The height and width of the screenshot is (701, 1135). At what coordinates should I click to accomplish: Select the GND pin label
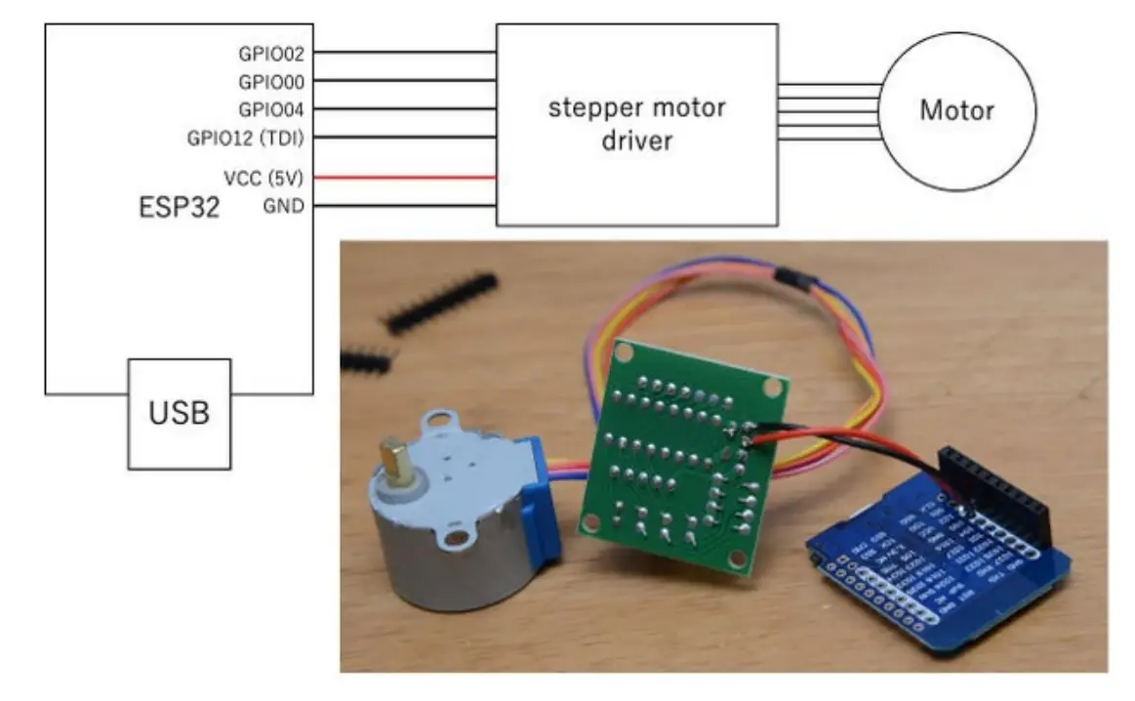pos(284,206)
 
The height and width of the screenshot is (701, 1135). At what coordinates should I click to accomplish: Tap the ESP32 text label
pos(179,207)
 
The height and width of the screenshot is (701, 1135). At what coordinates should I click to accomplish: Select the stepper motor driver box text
pos(636,123)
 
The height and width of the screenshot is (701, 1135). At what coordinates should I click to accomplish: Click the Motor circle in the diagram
pos(956,109)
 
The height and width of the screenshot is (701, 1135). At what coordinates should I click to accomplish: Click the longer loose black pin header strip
pos(440,302)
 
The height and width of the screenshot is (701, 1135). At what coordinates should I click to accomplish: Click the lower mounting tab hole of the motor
pos(452,536)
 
